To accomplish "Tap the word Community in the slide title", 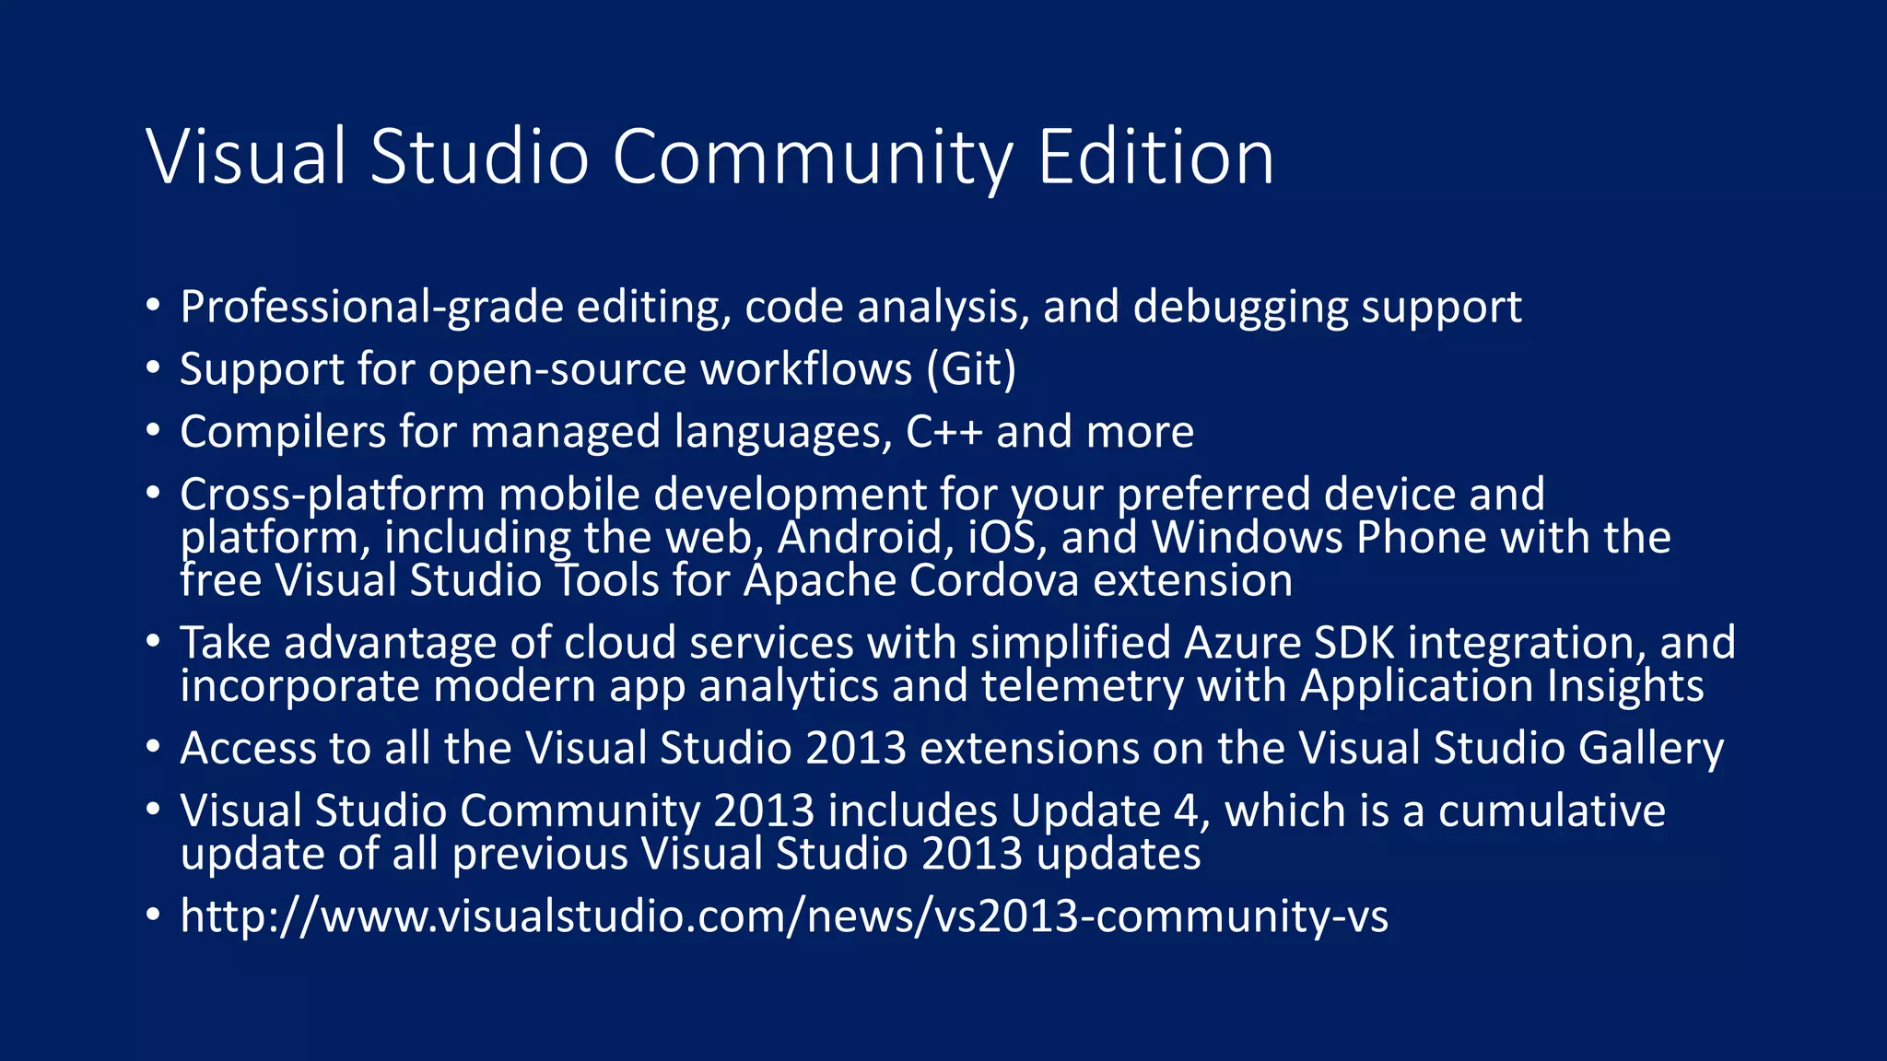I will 812,158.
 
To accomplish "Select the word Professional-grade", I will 371,307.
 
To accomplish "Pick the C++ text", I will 943,432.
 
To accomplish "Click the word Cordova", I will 994,580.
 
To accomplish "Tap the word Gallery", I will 1650,749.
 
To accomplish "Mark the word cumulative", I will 1552,811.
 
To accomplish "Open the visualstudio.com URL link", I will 784,916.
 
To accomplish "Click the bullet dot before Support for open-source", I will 153,367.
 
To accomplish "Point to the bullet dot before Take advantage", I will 153,641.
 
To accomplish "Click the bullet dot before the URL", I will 153,915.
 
